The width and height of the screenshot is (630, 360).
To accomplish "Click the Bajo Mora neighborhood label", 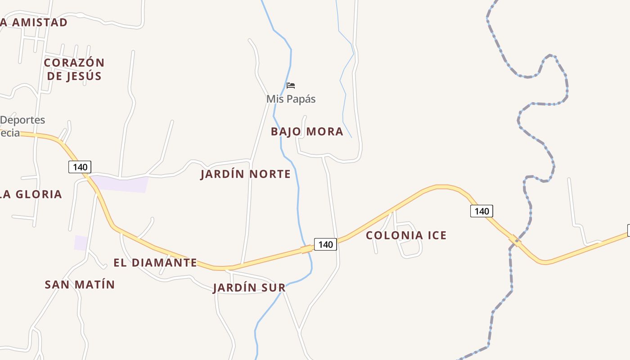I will (x=307, y=131).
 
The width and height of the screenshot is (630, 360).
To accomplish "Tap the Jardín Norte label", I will (x=246, y=174).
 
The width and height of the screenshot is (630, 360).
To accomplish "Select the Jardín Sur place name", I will (x=249, y=288).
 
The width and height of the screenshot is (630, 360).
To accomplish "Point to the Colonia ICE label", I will (x=406, y=235).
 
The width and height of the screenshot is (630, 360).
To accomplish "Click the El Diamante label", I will (x=155, y=263).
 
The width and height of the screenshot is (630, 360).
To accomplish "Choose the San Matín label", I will (x=80, y=284).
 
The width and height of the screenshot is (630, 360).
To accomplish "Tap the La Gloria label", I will (x=31, y=194).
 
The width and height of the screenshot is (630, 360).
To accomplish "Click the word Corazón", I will (x=74, y=63).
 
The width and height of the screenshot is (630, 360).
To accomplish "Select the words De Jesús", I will (x=74, y=76).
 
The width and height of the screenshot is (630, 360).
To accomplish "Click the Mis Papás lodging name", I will (x=291, y=99).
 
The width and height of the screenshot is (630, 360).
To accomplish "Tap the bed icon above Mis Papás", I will (x=291, y=85).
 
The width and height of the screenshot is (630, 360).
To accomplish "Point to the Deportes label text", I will (x=22, y=120).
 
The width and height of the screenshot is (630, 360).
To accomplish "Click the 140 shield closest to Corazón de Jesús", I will (x=80, y=167).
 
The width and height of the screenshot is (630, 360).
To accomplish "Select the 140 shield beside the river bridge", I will (x=325, y=244).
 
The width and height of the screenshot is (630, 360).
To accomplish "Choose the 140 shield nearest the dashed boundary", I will (x=481, y=211).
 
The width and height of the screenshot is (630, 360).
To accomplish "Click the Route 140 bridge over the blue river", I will (x=307, y=248).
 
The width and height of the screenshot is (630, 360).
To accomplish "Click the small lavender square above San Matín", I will (x=81, y=243).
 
